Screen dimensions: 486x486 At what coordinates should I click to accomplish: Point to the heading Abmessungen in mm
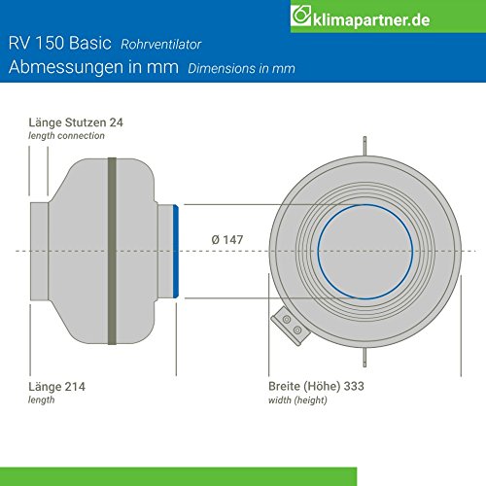click(88, 68)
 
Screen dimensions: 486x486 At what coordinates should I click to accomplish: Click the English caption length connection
click(65, 136)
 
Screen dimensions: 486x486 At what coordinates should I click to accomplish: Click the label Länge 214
click(56, 385)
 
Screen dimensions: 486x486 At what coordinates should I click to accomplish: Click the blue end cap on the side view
click(176, 251)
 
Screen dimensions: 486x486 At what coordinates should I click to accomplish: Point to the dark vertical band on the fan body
click(113, 251)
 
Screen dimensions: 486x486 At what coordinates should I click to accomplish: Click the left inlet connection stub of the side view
click(41, 251)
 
